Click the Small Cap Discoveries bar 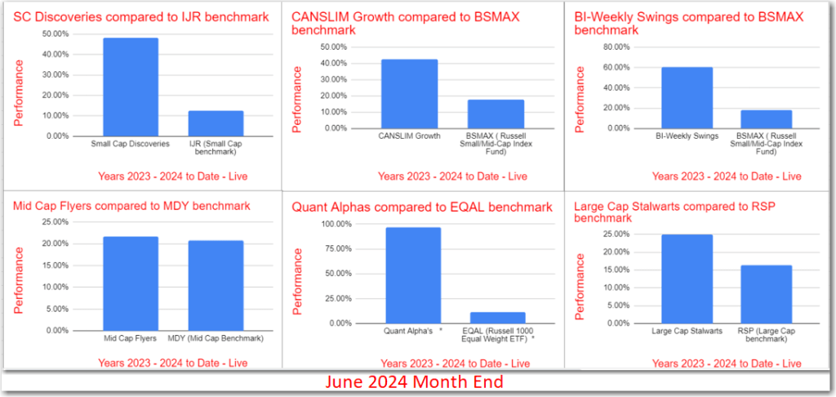pos(130,87)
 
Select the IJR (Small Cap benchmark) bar pos(216,123)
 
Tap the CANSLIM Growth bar pos(408,94)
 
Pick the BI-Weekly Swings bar pos(686,97)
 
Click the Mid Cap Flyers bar pos(130,283)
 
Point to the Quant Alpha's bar pos(412,275)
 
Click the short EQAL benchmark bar pos(497,318)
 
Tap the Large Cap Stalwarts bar pos(687,279)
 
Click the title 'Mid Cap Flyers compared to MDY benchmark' pos(131,206)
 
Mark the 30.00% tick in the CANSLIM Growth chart pos(333,79)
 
